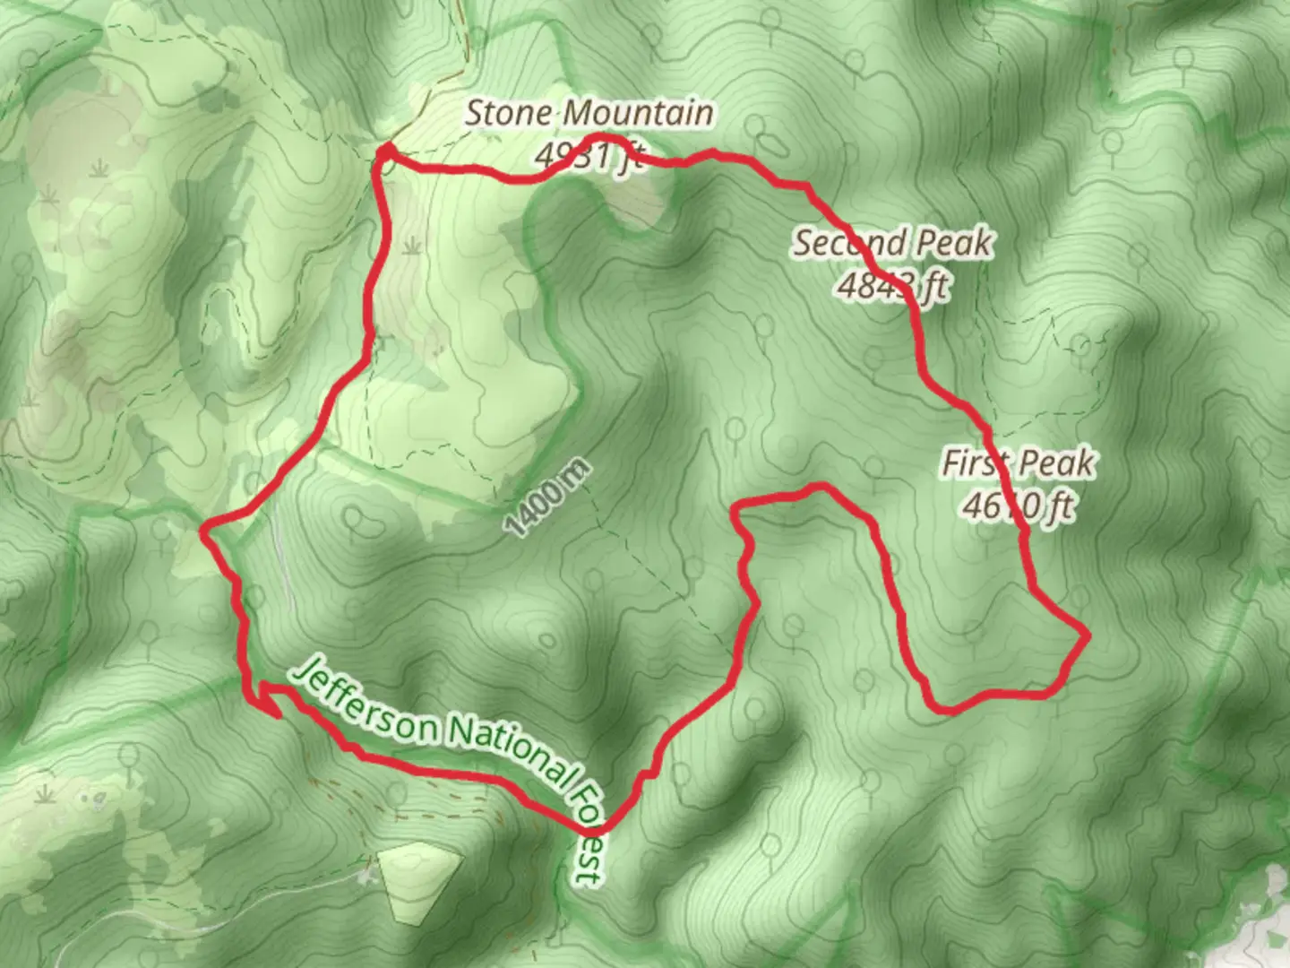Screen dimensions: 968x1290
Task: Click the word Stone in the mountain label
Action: (x=511, y=114)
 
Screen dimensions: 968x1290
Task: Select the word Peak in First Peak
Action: (x=1061, y=463)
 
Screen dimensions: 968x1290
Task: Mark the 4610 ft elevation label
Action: (x=1019, y=506)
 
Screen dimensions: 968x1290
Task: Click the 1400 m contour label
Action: (x=548, y=498)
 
